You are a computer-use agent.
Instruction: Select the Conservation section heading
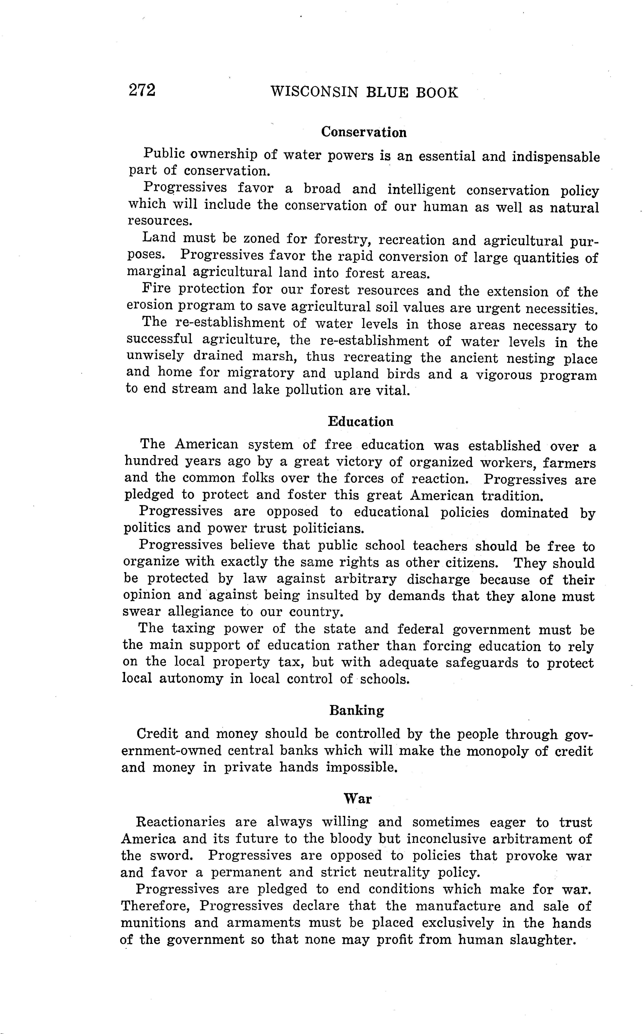364,132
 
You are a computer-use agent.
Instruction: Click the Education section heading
361,422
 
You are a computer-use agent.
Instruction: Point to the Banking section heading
356,711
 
